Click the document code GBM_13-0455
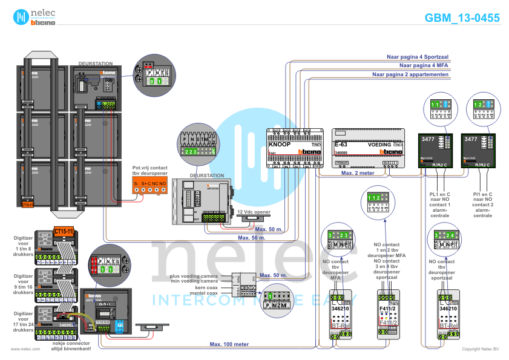[462, 18]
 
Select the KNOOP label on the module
[280, 145]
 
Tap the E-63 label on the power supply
[341, 145]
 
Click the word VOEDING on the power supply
[379, 145]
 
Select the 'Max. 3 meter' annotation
[357, 172]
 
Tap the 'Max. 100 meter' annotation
[229, 344]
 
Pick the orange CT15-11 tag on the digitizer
[63, 232]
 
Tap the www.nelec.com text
[25, 349]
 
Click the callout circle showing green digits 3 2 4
[445, 240]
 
